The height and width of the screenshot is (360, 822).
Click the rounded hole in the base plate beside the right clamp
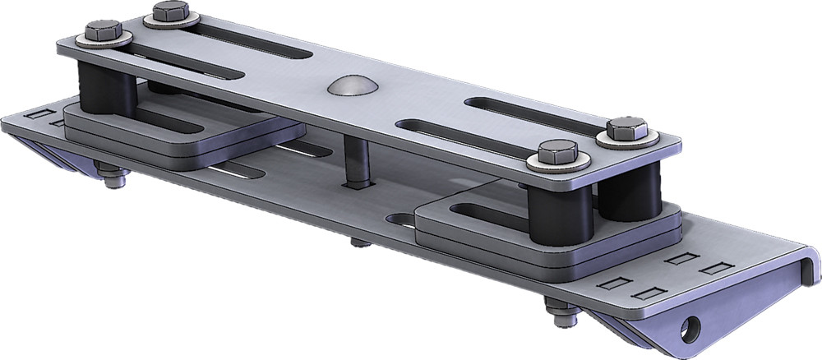400,219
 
